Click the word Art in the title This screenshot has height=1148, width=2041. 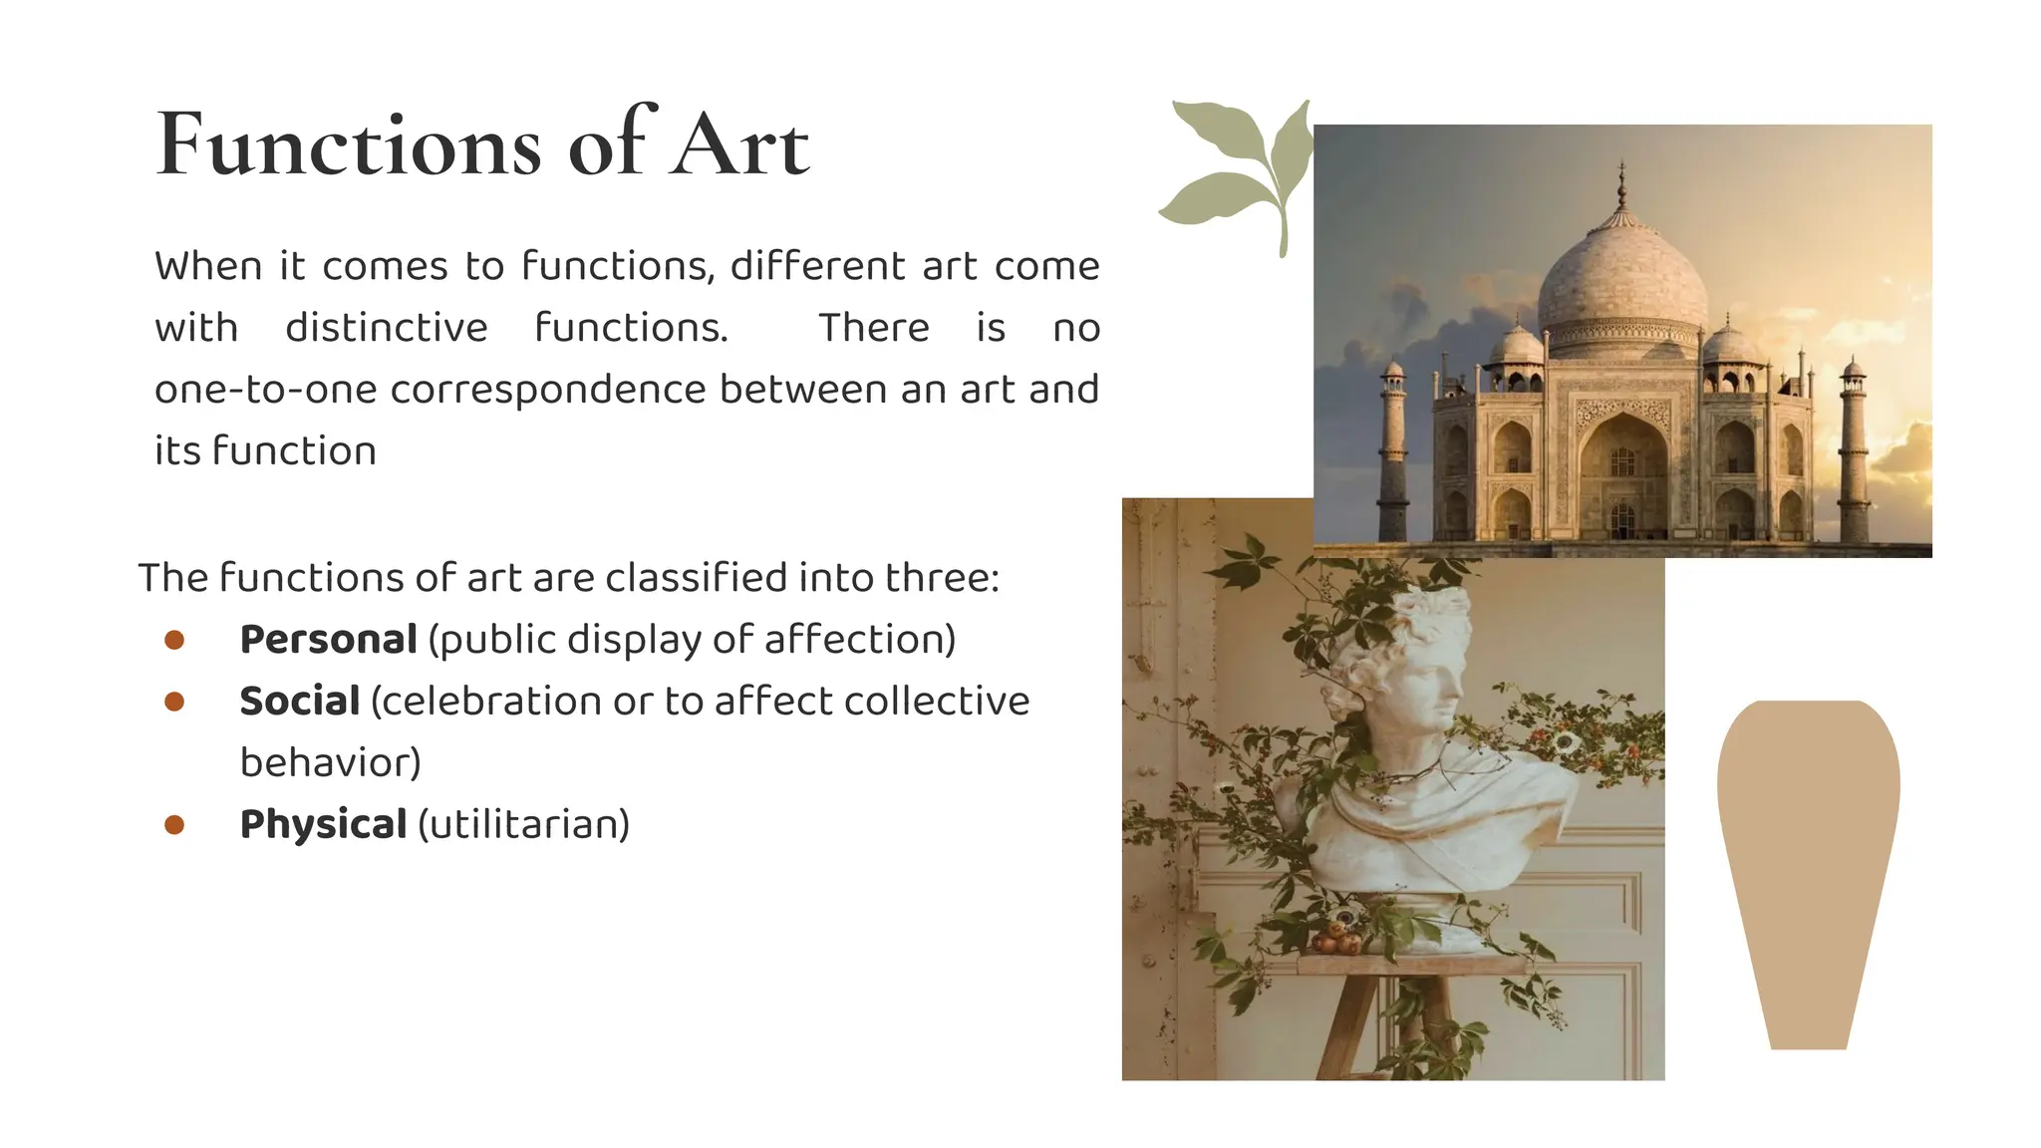(739, 146)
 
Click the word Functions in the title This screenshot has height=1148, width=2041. (349, 146)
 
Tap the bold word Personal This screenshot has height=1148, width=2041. (328, 640)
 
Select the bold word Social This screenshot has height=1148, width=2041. (299, 702)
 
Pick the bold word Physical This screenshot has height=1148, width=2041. (323, 825)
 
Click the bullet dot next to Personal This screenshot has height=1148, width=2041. (174, 640)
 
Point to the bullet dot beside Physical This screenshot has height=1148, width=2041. (174, 825)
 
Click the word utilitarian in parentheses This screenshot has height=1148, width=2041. (524, 825)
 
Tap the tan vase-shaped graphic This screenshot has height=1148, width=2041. (1808, 867)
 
